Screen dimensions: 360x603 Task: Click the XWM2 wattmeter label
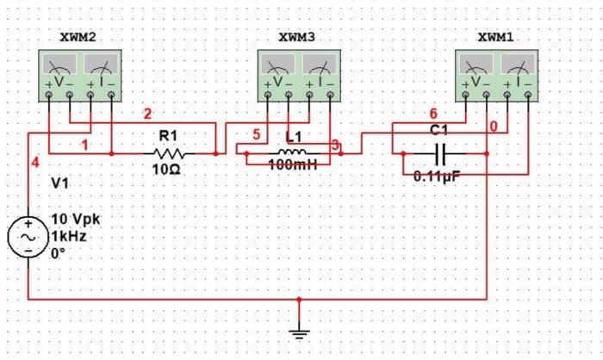[78, 39]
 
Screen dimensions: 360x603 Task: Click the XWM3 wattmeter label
[296, 39]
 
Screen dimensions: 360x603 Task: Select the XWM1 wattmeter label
[494, 39]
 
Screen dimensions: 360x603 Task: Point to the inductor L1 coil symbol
[293, 152]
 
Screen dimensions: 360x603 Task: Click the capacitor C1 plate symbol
[440, 154]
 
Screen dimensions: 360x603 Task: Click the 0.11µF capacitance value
[438, 177]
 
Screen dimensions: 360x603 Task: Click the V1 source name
[60, 183]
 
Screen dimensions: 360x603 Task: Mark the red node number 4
[35, 162]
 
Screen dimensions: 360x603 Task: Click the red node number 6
[433, 114]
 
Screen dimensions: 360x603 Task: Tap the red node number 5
[256, 135]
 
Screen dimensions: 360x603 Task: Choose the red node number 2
[147, 114]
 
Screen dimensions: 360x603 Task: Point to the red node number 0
[493, 127]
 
